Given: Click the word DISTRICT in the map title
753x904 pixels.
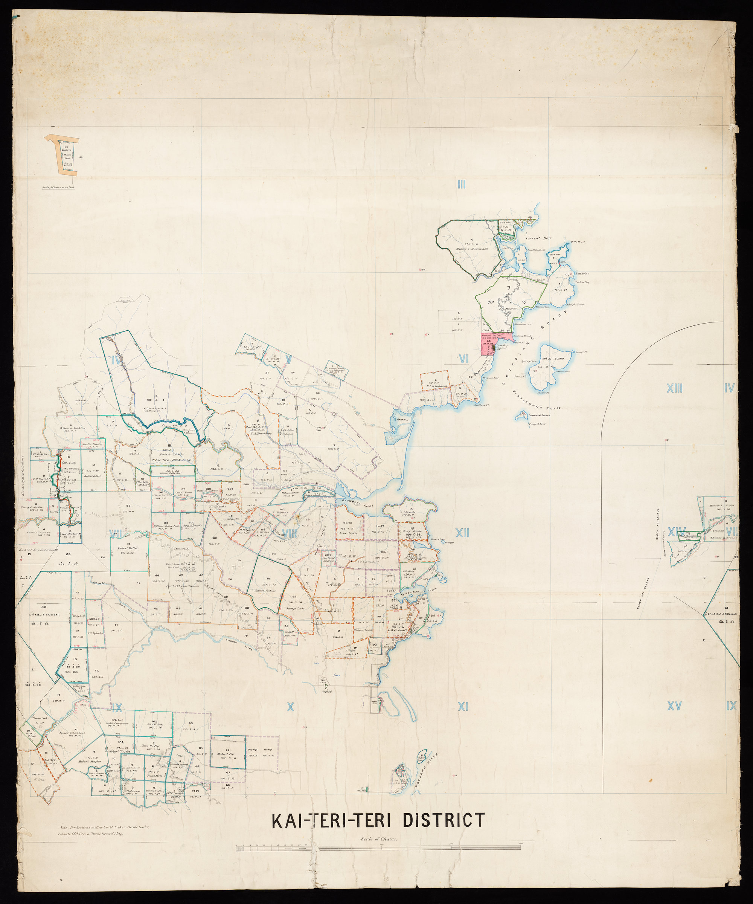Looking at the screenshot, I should pos(443,820).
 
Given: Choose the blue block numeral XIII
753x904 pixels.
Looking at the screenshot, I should pos(674,389).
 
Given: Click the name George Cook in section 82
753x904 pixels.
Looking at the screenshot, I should pos(295,608).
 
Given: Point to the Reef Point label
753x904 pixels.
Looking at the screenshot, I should pos(582,273).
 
